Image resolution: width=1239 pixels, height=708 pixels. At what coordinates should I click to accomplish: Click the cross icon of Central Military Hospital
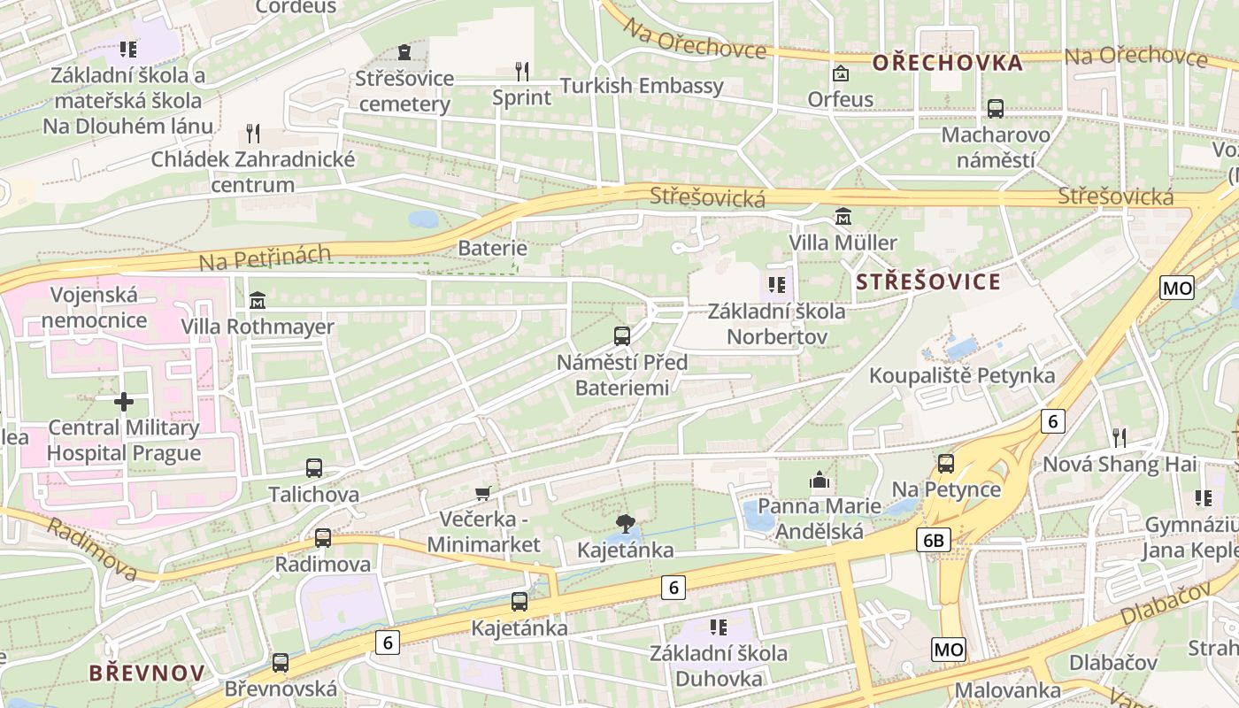(x=124, y=402)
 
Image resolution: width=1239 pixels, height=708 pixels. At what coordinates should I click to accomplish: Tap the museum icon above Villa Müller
(x=843, y=216)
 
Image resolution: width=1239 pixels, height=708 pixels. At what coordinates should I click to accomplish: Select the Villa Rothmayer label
(x=258, y=327)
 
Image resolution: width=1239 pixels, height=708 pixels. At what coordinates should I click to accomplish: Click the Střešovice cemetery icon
(x=404, y=52)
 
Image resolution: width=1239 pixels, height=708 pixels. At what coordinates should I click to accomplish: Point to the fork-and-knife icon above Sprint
(x=522, y=71)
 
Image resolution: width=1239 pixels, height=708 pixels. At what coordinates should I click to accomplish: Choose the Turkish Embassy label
(x=642, y=86)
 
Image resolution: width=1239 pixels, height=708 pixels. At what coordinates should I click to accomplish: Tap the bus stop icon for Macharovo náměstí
(x=996, y=109)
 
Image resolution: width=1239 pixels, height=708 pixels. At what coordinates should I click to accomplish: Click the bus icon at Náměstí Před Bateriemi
(x=622, y=336)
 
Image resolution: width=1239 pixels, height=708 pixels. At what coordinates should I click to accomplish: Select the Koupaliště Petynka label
(x=962, y=375)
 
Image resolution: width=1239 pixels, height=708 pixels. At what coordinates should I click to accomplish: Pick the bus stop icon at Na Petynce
(x=946, y=464)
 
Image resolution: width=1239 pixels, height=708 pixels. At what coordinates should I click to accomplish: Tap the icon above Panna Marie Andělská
(x=820, y=481)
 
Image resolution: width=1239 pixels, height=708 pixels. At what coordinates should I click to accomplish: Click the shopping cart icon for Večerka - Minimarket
(x=483, y=493)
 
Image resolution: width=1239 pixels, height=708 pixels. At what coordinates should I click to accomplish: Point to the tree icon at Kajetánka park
(x=626, y=523)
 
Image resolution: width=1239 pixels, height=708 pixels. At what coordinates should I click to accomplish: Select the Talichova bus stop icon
(x=314, y=468)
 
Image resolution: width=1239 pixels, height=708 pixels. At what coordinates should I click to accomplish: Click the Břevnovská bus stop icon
(x=281, y=662)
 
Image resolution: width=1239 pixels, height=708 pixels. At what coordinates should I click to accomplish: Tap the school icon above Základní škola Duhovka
(x=719, y=627)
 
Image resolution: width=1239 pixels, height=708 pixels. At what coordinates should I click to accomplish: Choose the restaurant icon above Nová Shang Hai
(x=1120, y=437)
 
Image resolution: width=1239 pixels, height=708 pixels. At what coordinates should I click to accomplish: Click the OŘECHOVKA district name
(x=947, y=63)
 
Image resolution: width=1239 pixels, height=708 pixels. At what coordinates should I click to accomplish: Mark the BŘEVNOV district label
(x=147, y=673)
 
